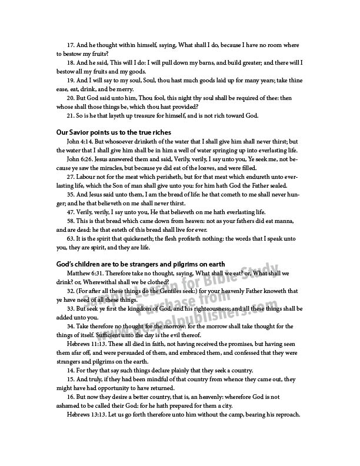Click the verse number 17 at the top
click(x=71, y=44)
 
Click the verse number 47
click(x=71, y=212)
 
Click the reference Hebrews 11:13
click(x=89, y=344)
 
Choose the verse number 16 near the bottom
click(x=71, y=397)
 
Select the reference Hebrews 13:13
click(x=89, y=414)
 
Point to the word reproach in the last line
click(x=284, y=414)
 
